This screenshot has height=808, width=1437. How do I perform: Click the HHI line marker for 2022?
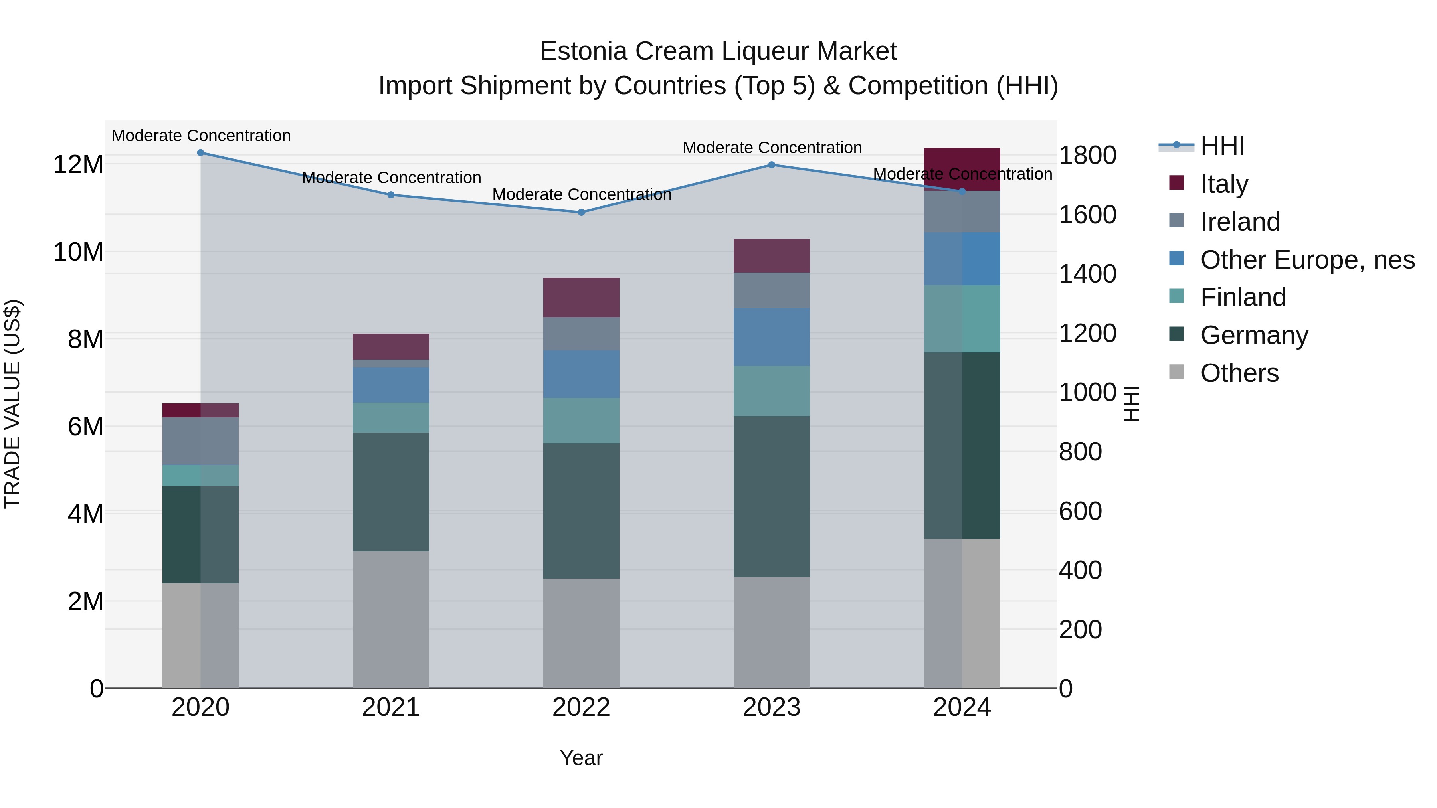[x=581, y=212]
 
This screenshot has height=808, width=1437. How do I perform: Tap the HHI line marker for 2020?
[x=200, y=153]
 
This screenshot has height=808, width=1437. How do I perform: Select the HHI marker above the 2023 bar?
[x=772, y=165]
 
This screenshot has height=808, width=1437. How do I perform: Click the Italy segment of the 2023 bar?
[x=772, y=256]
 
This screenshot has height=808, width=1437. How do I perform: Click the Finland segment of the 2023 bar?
[x=772, y=391]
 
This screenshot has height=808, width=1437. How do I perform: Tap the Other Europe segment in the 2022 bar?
[x=581, y=374]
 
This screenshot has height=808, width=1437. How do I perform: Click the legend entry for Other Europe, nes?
[x=1307, y=260]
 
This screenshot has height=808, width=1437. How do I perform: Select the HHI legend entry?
[x=1222, y=146]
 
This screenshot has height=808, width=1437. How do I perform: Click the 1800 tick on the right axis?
[x=1087, y=156]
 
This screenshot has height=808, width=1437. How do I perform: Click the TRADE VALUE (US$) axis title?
[x=12, y=404]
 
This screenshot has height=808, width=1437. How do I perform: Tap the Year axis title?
[x=581, y=758]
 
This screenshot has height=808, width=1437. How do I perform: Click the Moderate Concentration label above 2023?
[x=772, y=148]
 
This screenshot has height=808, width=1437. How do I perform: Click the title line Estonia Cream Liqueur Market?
[x=718, y=51]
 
